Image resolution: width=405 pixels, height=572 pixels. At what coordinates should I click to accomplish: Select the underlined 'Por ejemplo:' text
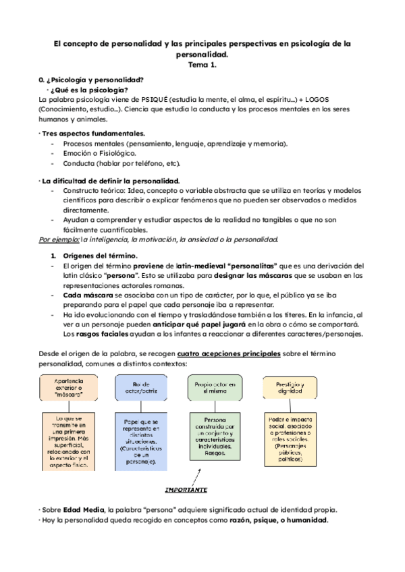(59, 239)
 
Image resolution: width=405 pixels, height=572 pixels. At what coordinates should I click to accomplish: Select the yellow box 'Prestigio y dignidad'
(290, 389)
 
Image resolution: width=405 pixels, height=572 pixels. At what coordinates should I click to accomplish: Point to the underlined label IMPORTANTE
(186, 489)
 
